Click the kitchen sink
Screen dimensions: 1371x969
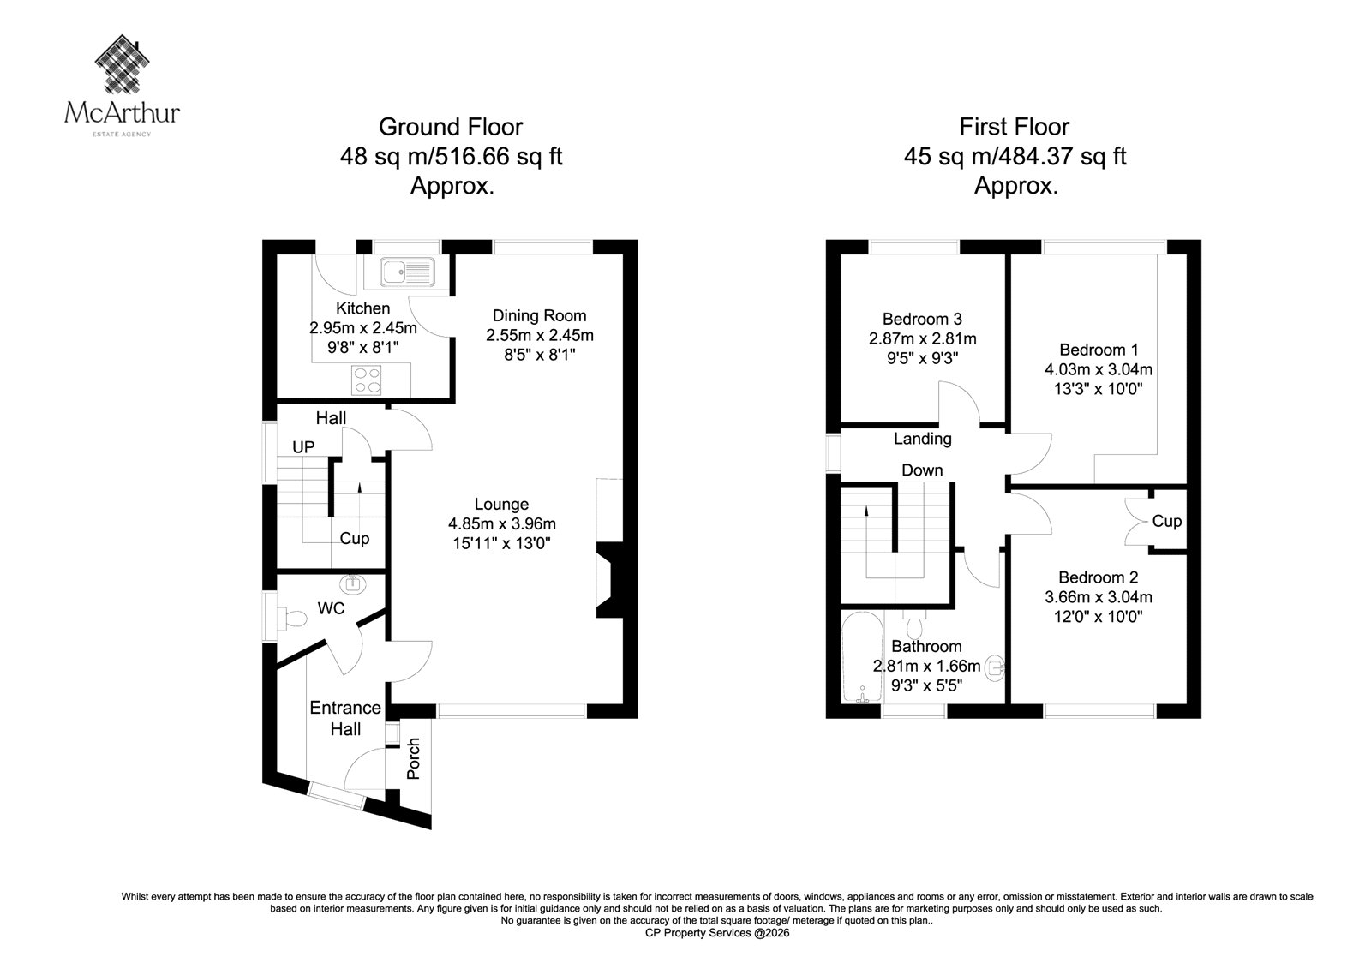click(407, 272)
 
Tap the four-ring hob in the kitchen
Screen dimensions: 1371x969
click(367, 380)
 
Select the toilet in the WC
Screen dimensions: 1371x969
click(291, 618)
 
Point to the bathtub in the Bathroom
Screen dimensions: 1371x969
click(862, 657)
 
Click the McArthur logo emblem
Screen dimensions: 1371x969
click(123, 64)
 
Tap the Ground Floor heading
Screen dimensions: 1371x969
click(451, 127)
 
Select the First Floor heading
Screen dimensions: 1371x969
click(1015, 127)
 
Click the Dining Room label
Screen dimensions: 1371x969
click(539, 316)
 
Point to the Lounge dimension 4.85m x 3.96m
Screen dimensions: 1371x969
click(502, 524)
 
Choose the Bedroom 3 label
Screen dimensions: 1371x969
click(922, 319)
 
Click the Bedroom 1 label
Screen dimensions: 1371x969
click(1099, 350)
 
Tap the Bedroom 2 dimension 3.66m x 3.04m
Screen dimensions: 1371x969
click(1098, 597)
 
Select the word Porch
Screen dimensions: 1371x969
click(414, 758)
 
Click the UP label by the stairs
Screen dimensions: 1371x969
click(303, 447)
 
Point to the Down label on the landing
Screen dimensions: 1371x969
click(922, 470)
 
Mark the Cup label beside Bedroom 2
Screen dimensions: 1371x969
click(1166, 521)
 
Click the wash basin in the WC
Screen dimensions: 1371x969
click(353, 584)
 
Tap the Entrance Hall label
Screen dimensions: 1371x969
click(345, 719)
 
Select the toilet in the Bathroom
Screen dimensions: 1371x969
click(914, 625)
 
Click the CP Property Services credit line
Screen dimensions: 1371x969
click(717, 933)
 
